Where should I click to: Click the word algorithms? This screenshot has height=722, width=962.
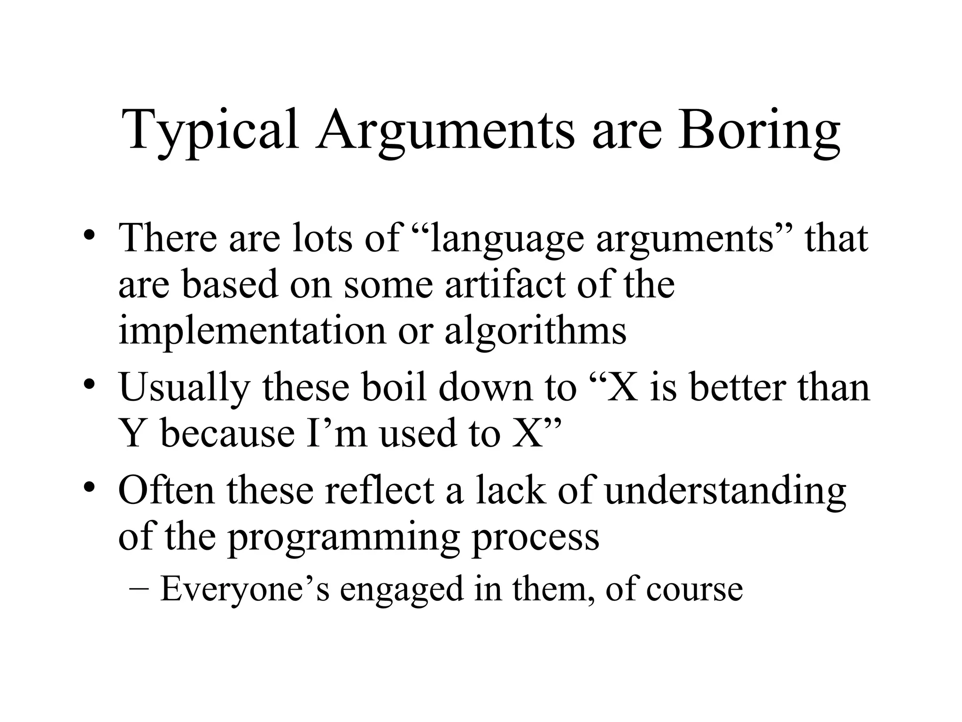click(x=535, y=330)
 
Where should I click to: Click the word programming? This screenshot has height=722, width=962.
click(x=343, y=538)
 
